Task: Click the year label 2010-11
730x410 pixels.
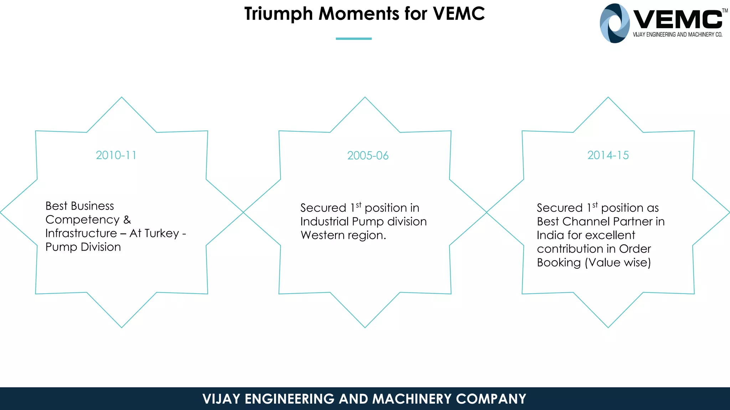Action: pos(116,155)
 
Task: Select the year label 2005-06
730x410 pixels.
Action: pos(367,156)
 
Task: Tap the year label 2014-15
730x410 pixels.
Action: pos(608,155)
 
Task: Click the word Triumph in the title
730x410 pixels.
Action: pos(278,14)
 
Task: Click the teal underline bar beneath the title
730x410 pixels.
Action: pos(354,38)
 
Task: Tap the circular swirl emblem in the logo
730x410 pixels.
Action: pos(614,23)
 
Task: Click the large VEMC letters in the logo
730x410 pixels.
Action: pos(677,20)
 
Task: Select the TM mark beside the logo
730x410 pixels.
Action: pos(725,11)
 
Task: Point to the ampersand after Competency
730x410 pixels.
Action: pos(127,220)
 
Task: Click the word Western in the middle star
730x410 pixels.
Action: pos(322,235)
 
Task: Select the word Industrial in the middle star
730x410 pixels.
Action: pos(324,222)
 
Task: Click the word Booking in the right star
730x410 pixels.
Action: pos(559,263)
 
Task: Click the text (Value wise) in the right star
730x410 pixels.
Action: pos(618,263)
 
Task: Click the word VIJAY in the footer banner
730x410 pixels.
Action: pos(221,399)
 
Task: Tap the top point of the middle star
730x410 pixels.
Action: pos(365,98)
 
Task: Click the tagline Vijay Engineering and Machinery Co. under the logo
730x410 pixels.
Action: pos(677,35)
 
